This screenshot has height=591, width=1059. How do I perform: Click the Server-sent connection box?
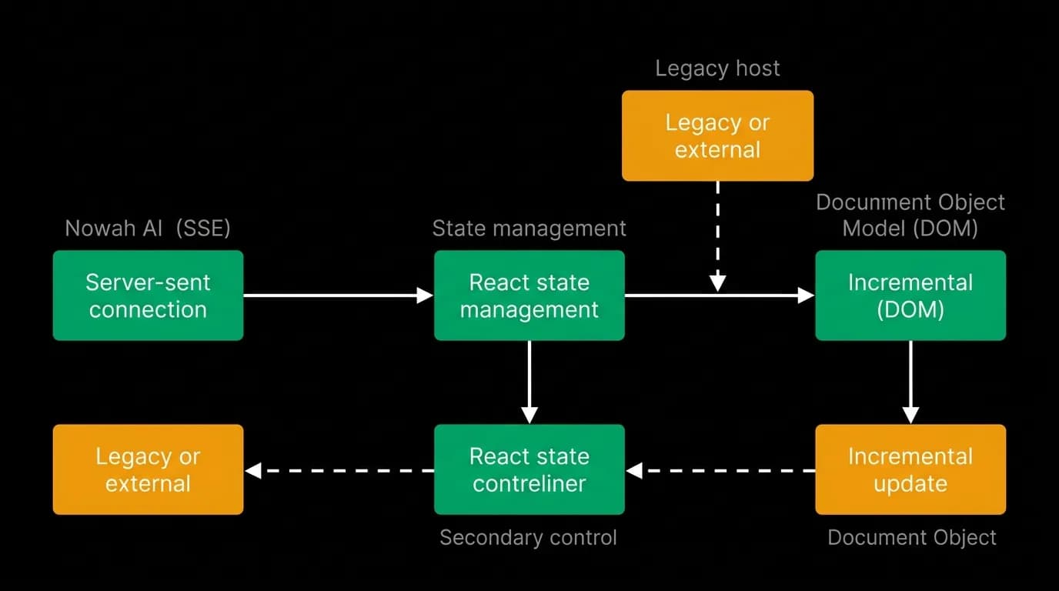pyautogui.click(x=148, y=295)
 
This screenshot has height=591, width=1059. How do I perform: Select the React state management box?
pyautogui.click(x=529, y=295)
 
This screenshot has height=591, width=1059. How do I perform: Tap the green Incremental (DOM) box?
pyautogui.click(x=910, y=295)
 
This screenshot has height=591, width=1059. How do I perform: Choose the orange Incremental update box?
pyautogui.click(x=910, y=469)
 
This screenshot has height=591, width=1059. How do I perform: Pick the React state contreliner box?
pyautogui.click(x=529, y=469)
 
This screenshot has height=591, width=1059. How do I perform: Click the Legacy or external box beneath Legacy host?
pyautogui.click(x=717, y=135)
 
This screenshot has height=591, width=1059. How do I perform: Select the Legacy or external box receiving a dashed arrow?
pyautogui.click(x=148, y=469)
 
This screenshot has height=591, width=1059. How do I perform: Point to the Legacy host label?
pyautogui.click(x=717, y=68)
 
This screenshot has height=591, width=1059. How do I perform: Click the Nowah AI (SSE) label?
pyautogui.click(x=148, y=229)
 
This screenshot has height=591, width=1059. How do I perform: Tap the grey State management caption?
pyautogui.click(x=529, y=229)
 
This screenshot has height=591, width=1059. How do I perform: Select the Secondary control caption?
pyautogui.click(x=528, y=538)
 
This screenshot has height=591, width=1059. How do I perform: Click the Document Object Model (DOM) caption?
pyautogui.click(x=910, y=215)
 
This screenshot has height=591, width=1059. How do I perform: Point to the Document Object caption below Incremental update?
pyautogui.click(x=912, y=538)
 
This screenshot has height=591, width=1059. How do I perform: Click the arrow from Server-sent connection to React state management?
pyautogui.click(x=339, y=295)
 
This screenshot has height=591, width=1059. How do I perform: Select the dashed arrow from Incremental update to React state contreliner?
pyautogui.click(x=720, y=471)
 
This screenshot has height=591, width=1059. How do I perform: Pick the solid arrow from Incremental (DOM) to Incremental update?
pyautogui.click(x=910, y=382)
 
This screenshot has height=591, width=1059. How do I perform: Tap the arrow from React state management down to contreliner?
pyautogui.click(x=529, y=382)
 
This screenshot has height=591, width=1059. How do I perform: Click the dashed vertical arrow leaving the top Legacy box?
pyautogui.click(x=717, y=236)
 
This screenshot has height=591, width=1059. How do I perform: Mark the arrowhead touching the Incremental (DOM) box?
pyautogui.click(x=806, y=295)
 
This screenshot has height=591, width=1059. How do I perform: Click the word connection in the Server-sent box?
pyautogui.click(x=148, y=310)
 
